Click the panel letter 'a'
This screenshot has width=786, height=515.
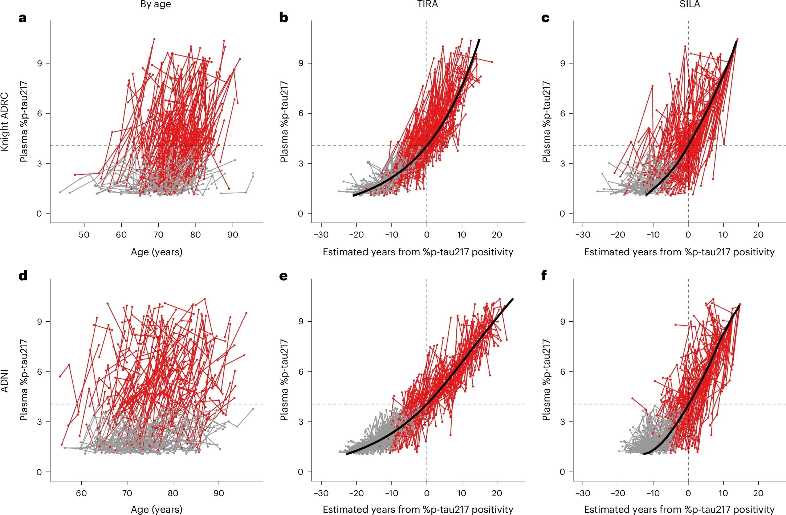coord(23,18)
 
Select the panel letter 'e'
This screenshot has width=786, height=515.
coord(283,276)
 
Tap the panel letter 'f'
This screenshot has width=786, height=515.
coord(544,276)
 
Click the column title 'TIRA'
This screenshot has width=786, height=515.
coord(427,4)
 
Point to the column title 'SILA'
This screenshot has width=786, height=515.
coord(689,4)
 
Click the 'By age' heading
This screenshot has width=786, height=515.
coord(155,4)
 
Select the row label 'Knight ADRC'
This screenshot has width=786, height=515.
coord(4,121)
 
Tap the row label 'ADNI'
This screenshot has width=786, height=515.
coord(4,381)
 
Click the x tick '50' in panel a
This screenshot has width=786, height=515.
coord(84,235)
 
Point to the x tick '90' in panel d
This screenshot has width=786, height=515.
coord(219,493)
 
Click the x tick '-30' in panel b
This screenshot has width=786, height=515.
coord(321,235)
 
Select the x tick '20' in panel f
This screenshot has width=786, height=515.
coord(758,493)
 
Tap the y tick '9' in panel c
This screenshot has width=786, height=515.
coord(562,63)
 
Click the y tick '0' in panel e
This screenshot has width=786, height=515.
coord(300,472)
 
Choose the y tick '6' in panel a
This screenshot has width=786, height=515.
coord(39,114)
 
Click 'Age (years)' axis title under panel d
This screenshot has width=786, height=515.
coord(156,509)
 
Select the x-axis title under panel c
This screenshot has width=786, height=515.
coord(679,252)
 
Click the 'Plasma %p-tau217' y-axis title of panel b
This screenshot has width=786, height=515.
coord(284,121)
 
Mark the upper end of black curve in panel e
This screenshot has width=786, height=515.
coord(512,299)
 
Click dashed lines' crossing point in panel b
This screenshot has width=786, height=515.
coord(427,146)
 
